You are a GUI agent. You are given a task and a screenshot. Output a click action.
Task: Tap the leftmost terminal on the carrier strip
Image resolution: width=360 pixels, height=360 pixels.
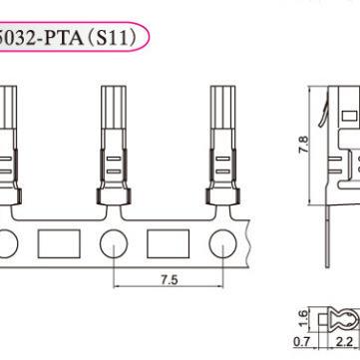(x=8, y=140)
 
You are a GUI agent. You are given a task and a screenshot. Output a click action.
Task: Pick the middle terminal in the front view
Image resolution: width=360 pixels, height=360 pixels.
(x=115, y=140)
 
